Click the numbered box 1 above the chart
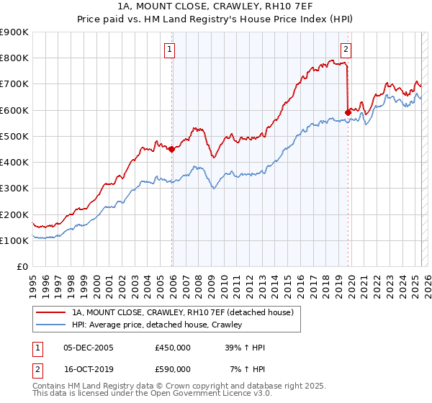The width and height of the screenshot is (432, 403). (169, 50)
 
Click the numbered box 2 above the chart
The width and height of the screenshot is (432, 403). (346, 50)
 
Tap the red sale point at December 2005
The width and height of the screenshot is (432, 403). (171, 150)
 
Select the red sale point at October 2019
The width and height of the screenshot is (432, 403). (348, 112)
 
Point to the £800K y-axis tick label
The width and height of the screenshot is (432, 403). (14, 58)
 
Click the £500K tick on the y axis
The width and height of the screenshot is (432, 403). (14, 136)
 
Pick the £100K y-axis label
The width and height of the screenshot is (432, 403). (14, 240)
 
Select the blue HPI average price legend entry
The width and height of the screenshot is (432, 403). (156, 325)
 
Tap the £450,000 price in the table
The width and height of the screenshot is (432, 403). (173, 348)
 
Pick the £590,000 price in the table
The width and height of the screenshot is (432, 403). (173, 369)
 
